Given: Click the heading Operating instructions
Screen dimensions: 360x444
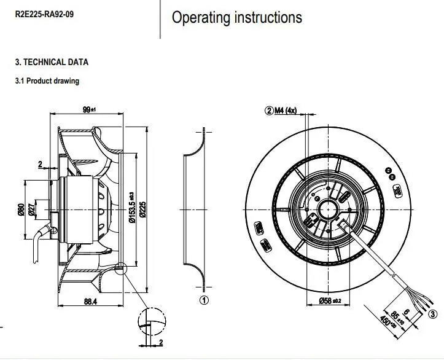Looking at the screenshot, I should pos(236,17).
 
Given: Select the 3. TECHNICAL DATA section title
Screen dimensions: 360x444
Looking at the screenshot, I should pos(52,62).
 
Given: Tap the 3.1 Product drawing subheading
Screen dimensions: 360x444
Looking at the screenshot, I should pos(47,80).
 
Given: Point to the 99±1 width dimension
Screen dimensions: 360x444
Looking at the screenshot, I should pos(90,109).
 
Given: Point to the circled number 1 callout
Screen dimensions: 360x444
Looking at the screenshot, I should pos(204,300).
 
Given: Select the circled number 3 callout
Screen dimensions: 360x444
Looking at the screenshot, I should pos(434,315).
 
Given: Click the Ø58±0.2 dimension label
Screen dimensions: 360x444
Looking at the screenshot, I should pos(332,300).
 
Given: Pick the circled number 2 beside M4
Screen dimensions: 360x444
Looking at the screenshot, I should pos(268,111).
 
